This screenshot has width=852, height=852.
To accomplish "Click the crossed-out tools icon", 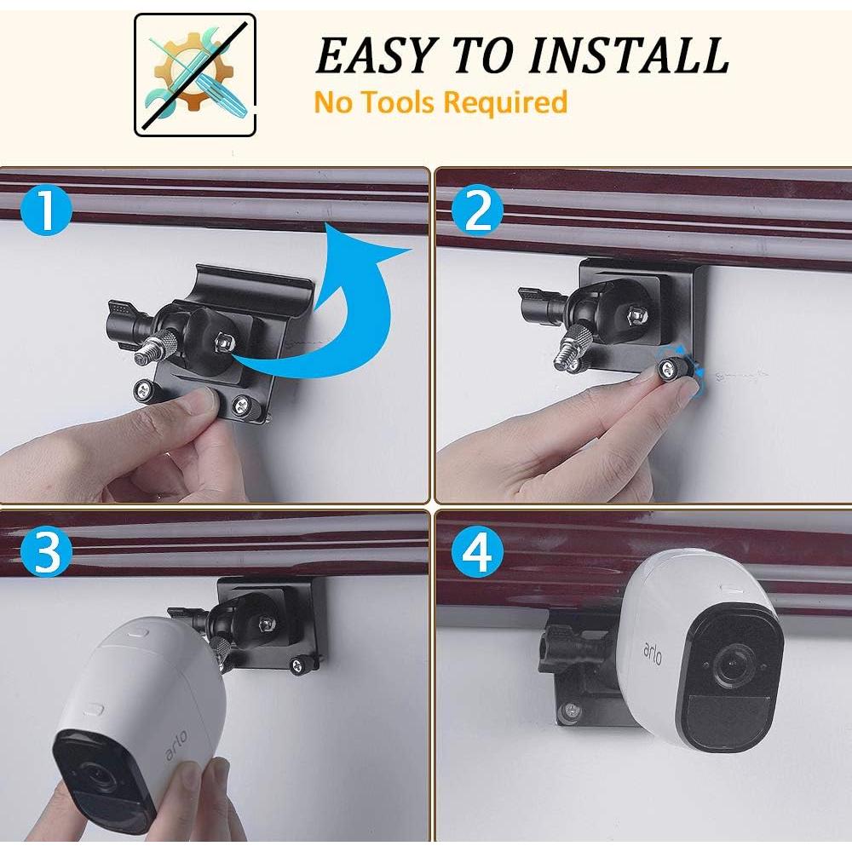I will tap(195, 75).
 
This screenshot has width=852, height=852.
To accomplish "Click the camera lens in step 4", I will tap(729, 666).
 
